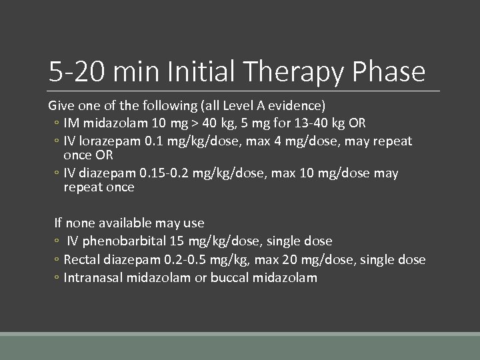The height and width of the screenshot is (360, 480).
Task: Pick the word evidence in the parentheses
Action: pos(296,105)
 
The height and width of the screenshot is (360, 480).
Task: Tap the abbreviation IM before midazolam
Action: pos(71,123)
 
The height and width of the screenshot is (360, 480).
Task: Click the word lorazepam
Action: pos(107,141)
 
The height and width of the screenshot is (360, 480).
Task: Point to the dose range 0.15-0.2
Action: pos(163,173)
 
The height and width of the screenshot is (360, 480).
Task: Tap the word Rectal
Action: pos(83,259)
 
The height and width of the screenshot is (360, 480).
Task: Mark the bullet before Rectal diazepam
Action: pos(57,260)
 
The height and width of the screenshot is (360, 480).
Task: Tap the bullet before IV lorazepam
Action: pos(57,142)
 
